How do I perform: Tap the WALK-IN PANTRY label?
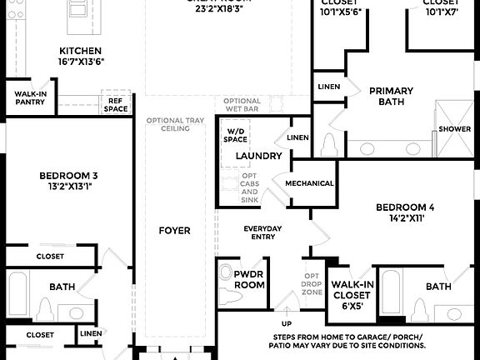click(31, 98)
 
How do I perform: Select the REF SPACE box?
click(116, 105)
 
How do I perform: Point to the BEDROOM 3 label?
click(69, 175)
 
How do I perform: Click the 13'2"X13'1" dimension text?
click(69, 187)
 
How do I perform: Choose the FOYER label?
click(176, 230)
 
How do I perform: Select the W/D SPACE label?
click(235, 135)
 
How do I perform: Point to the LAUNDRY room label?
click(259, 156)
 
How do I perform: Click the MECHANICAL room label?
click(309, 183)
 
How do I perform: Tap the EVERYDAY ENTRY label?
click(262, 232)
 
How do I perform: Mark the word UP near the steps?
click(287, 323)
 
